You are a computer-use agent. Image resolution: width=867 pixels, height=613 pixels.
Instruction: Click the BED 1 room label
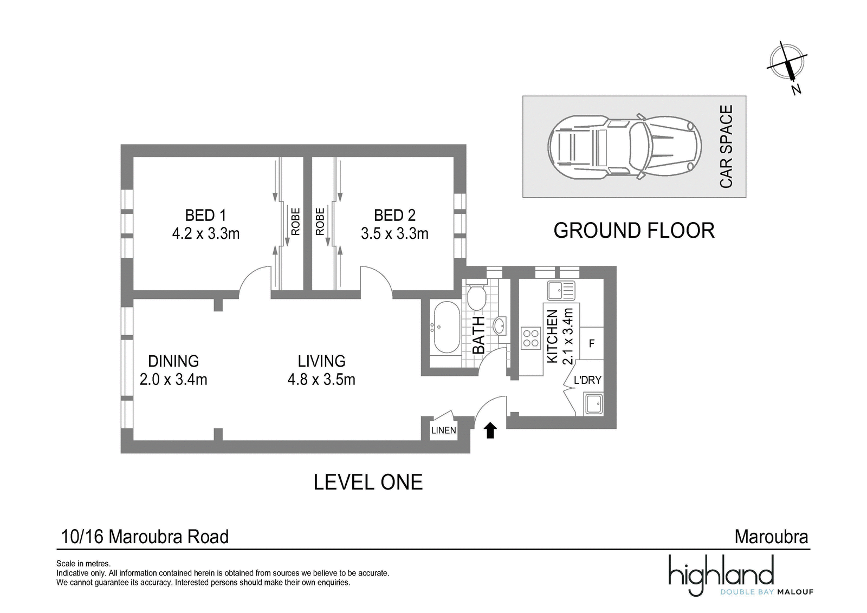pos(205,215)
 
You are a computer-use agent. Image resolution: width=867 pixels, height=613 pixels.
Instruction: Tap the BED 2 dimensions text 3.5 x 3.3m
pos(394,233)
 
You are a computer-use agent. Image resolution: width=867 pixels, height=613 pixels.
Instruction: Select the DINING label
pos(173,361)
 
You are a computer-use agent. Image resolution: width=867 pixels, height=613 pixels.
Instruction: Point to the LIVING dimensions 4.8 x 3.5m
pos(321,380)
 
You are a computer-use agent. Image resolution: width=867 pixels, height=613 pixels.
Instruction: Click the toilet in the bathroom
pos(476,297)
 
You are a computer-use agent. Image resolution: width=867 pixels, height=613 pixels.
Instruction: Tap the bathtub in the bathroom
pos(447,327)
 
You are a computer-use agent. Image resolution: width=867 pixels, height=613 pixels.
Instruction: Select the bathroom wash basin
pos(499,325)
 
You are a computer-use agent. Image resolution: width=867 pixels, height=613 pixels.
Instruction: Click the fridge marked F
pos(591,343)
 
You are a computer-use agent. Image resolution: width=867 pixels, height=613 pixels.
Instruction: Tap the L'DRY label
pos(587,380)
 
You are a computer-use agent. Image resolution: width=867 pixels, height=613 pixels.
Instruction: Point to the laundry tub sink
pos(593,403)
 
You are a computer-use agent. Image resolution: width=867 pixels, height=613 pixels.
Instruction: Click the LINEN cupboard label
pos(444,430)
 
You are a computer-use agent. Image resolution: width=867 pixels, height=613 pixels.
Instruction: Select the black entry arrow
pos(490,431)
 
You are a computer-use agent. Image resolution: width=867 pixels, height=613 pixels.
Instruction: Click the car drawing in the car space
pos(624,147)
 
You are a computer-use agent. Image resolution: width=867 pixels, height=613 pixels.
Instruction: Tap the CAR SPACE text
pos(726,147)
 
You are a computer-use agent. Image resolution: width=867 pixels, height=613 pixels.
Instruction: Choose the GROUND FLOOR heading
pos(634,231)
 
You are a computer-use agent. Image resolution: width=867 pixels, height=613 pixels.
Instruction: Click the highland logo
pos(740,575)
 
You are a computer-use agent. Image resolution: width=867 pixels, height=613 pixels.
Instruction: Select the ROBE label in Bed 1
pos(295,221)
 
